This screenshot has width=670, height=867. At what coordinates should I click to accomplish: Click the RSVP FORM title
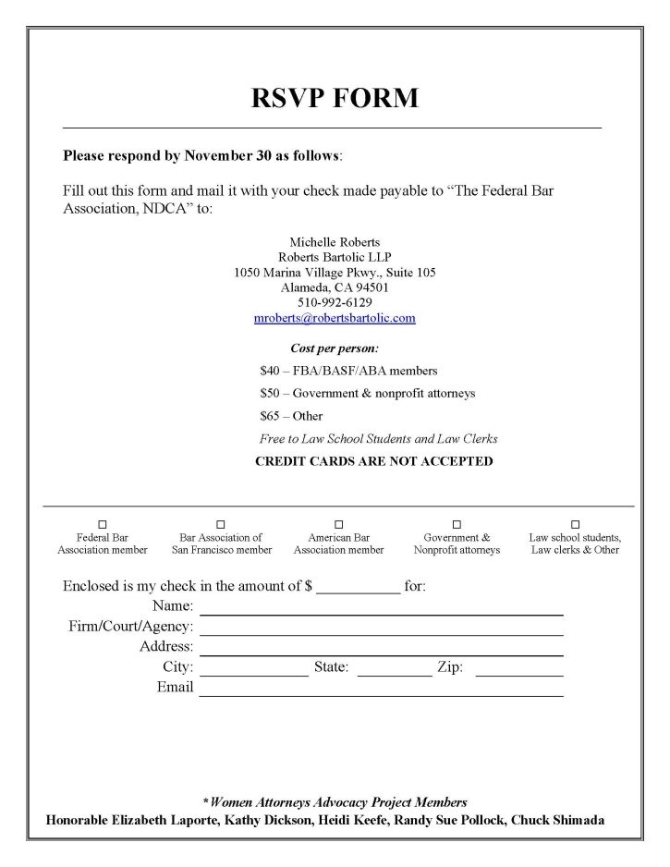[335, 97]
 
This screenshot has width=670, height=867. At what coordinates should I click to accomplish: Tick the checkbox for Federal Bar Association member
[103, 524]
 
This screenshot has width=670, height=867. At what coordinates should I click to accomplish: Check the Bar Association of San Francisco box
[221, 524]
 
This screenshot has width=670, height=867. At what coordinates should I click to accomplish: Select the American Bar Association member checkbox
[338, 524]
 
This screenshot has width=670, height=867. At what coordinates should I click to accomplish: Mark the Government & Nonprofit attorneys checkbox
[457, 524]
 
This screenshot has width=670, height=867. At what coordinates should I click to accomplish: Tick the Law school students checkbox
[575, 524]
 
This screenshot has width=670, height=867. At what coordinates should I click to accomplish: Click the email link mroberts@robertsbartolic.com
[335, 318]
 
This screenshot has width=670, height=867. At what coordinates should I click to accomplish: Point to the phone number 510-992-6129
[335, 302]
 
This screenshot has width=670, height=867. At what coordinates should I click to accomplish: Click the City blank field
[254, 670]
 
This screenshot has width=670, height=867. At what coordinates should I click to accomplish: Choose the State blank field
[394, 670]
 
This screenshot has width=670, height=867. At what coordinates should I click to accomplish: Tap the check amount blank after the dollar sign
[359, 588]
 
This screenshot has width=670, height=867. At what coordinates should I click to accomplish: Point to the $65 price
[270, 416]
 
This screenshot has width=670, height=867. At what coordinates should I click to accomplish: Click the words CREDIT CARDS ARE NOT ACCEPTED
[373, 461]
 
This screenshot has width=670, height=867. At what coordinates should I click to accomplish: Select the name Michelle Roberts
[335, 242]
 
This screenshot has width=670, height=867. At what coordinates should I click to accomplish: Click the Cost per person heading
[322, 348]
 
